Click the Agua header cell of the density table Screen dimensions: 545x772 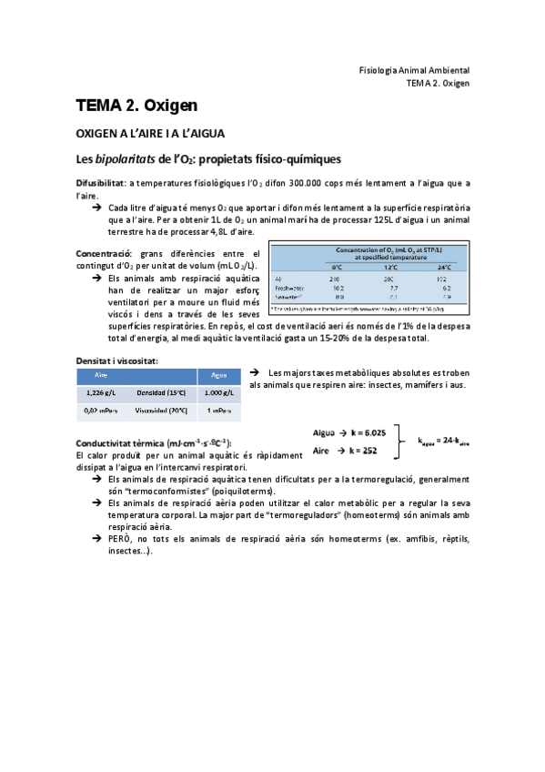218,374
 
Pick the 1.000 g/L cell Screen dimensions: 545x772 218,392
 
